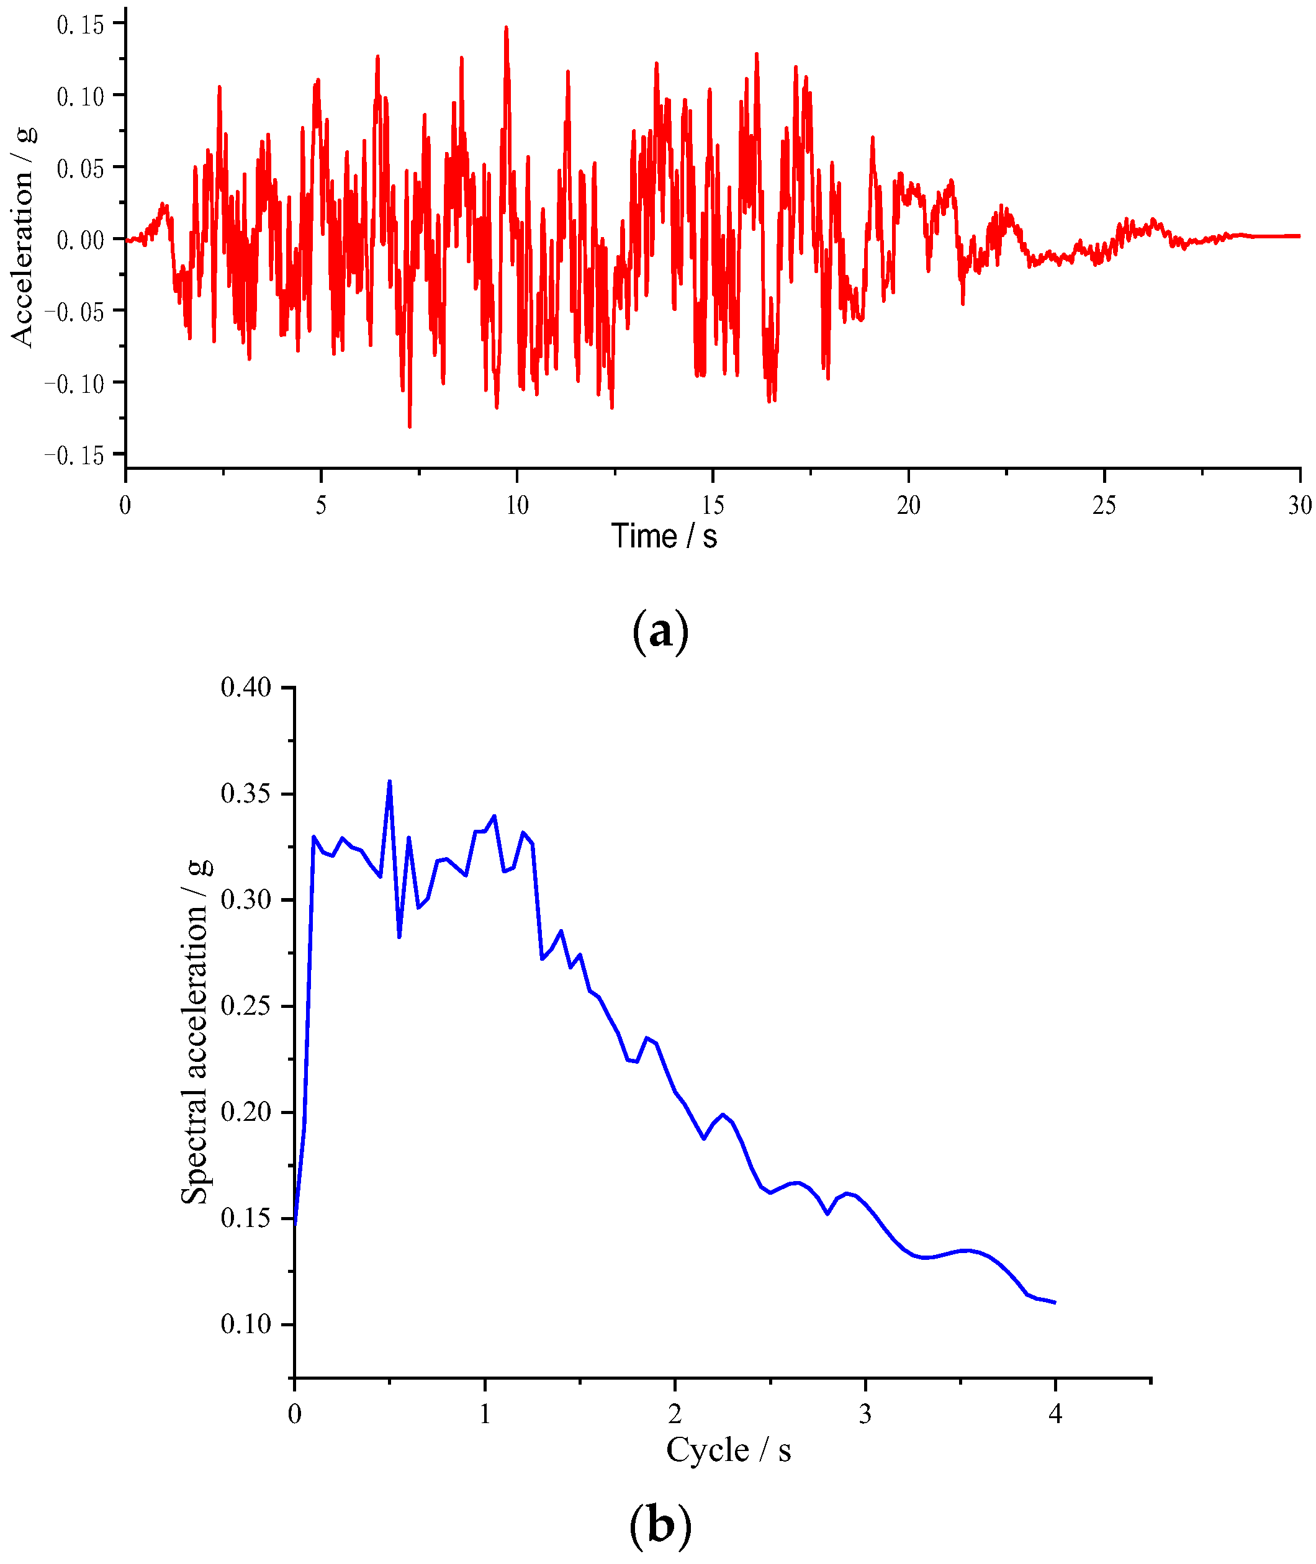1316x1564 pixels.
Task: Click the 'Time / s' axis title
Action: click(664, 537)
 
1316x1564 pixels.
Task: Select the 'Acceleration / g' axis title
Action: click(23, 236)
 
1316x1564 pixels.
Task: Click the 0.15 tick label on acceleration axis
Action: click(81, 25)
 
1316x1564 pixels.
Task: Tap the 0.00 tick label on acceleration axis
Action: click(81, 240)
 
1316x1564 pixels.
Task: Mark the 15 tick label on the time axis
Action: click(713, 506)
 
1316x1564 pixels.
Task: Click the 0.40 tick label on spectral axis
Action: click(246, 687)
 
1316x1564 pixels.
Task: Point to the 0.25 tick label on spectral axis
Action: click(246, 1006)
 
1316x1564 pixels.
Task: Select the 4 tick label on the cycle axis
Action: click(1055, 1413)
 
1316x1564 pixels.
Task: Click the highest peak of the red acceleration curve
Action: click(506, 27)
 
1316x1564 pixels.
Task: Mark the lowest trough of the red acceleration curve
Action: click(410, 426)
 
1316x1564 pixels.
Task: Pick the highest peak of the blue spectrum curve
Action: click(389, 781)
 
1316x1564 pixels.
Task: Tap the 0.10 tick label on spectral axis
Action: click(246, 1324)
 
